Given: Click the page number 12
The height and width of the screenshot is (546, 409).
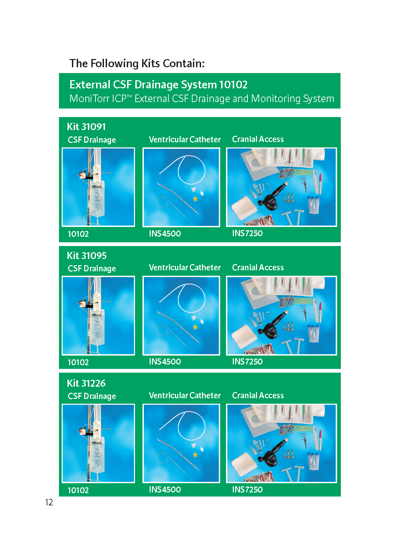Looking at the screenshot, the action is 49,502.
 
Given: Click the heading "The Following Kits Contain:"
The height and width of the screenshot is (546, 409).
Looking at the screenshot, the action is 137,63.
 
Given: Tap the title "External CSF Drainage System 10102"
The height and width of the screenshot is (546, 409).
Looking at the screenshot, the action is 158,85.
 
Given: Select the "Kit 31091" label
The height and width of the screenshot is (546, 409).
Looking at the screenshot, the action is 87,127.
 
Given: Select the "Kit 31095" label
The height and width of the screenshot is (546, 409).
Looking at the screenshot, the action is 87,256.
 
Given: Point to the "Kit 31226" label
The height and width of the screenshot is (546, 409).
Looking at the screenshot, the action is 86,383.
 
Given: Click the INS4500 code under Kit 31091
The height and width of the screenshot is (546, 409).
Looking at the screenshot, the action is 165,233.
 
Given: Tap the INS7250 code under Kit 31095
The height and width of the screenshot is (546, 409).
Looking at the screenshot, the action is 247,361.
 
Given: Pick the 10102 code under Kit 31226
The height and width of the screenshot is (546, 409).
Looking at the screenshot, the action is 78,490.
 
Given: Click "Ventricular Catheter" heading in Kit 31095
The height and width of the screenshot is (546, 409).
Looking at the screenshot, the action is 185,268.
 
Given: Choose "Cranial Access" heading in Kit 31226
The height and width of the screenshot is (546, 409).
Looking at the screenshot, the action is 258,396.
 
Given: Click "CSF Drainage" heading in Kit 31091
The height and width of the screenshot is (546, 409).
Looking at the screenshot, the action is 92,140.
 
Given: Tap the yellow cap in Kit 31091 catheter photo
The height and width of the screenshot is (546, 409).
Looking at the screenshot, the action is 195,199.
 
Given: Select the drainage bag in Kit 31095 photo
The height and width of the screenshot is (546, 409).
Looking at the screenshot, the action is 97,328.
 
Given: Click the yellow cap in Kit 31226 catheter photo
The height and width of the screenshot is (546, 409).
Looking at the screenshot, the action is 195,455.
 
